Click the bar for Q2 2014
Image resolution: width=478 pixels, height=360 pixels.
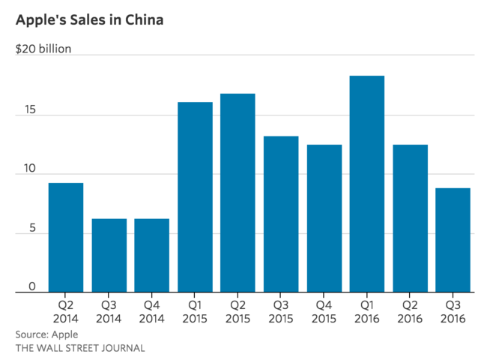point(66,238)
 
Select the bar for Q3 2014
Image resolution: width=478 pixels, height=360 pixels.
point(109,256)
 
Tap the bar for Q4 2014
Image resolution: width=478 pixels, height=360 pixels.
point(152,256)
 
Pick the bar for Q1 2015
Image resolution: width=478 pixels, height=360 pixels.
point(195,197)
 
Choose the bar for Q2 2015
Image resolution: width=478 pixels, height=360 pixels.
point(238,193)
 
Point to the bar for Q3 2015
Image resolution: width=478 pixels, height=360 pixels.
point(281,214)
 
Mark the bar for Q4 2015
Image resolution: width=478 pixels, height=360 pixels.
point(324,218)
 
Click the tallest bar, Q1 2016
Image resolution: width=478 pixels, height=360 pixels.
point(367,184)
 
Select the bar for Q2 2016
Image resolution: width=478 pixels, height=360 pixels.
point(410,218)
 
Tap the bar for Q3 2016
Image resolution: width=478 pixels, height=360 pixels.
point(453,240)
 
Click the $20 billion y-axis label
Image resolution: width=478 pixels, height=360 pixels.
point(43,49)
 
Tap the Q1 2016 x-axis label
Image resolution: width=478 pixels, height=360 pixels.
point(367,312)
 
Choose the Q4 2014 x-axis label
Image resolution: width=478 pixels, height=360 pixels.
point(152,312)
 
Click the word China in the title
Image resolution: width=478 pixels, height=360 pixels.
point(141,20)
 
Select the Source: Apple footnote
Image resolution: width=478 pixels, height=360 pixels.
point(46,334)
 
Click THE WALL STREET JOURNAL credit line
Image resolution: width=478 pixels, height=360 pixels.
point(80,348)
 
